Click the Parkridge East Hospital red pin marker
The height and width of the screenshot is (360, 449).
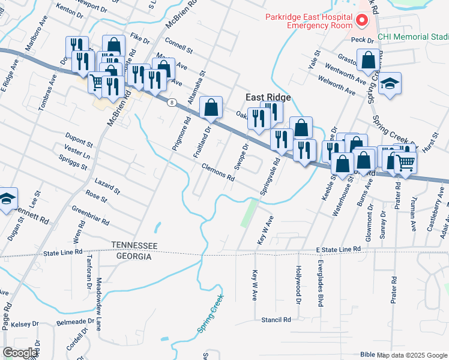click(x=362, y=21)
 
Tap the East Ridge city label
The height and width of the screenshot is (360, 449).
click(x=268, y=97)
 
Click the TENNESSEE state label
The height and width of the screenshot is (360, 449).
click(x=134, y=246)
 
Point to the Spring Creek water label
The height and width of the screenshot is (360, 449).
click(x=210, y=313)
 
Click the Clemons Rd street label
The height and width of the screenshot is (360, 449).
click(x=218, y=172)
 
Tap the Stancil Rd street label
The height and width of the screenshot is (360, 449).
click(x=276, y=320)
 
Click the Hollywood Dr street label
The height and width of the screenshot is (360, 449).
click(x=298, y=284)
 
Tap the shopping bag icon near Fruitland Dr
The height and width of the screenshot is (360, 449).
click(x=211, y=108)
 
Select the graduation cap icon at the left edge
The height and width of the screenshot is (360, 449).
click(x=7, y=199)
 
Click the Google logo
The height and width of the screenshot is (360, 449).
click(x=20, y=353)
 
